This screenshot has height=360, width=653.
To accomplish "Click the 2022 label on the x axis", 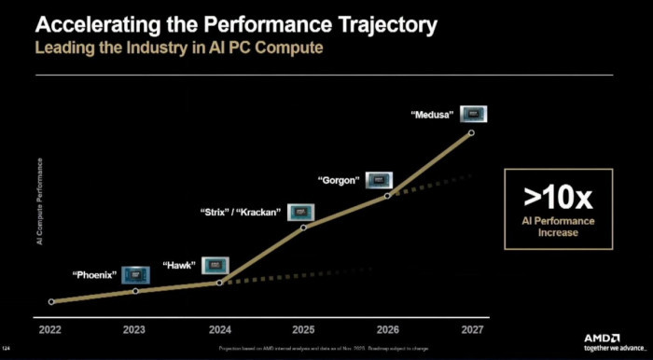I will click(50, 329).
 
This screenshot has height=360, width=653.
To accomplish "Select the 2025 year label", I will click(302, 329).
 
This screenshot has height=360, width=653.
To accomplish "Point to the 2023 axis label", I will click(134, 329).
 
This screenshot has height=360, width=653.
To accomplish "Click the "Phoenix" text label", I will click(94, 275).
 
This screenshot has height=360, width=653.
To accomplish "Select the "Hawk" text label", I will click(178, 266).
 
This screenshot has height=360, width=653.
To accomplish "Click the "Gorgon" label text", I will click(339, 179).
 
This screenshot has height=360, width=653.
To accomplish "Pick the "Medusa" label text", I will click(433, 115).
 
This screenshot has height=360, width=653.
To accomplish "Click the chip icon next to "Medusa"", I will click(475, 115).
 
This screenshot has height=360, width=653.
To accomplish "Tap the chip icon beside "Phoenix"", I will click(134, 274).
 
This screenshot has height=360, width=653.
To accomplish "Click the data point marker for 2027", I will click(471, 133).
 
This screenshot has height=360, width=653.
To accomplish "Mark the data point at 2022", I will click(50, 301).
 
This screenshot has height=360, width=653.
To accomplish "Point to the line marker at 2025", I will click(302, 227).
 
